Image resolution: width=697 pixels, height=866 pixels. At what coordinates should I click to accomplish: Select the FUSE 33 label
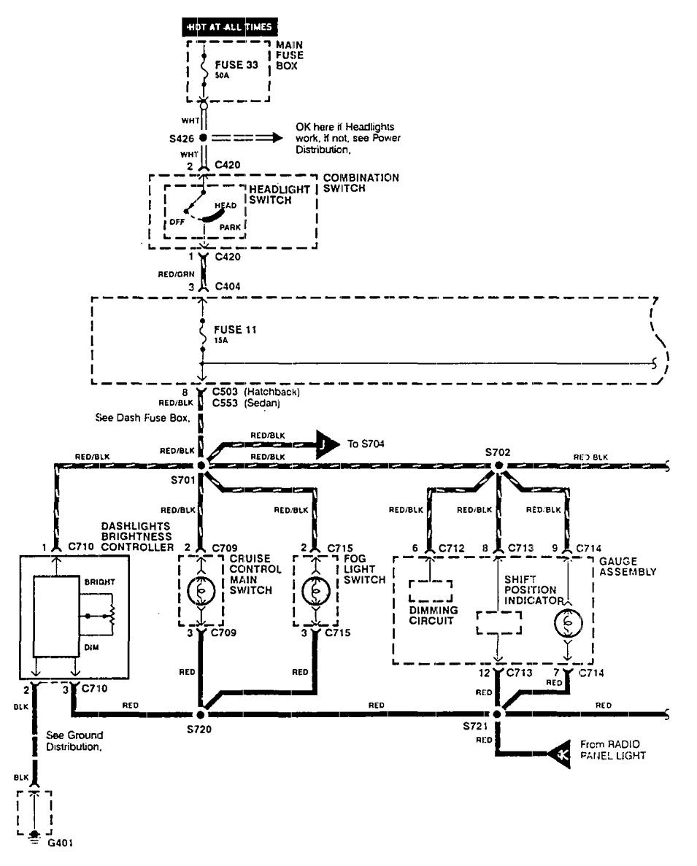click(x=236, y=65)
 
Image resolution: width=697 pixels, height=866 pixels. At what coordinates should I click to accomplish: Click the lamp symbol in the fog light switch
click(x=315, y=589)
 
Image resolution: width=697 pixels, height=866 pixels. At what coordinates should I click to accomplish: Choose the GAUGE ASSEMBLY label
click(x=627, y=567)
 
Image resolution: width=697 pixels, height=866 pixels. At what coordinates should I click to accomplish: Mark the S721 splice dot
click(x=497, y=713)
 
